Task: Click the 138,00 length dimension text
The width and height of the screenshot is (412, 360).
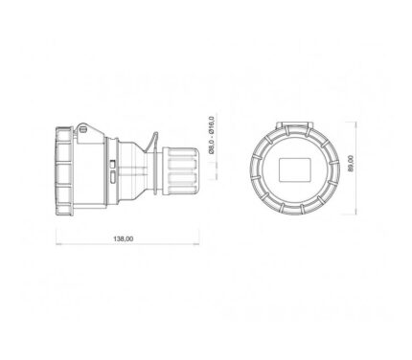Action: point(124,238)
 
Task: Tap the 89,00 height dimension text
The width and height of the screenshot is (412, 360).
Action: point(351,164)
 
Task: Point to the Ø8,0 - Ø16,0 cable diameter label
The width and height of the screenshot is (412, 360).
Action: point(211,135)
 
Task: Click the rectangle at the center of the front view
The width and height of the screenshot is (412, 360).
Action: point(295,169)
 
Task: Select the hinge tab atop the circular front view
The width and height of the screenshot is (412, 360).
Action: point(294,124)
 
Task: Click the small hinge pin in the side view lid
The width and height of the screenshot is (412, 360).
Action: point(83,129)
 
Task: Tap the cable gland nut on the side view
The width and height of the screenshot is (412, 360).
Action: point(179,171)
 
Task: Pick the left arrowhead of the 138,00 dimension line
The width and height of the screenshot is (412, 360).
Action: point(58,244)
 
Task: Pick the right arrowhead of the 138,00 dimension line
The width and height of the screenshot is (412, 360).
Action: point(196,244)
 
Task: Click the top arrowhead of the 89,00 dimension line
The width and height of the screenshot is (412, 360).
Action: point(355,124)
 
